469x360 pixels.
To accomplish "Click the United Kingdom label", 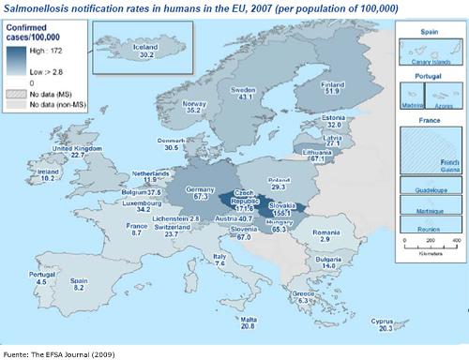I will coord(75,148).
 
